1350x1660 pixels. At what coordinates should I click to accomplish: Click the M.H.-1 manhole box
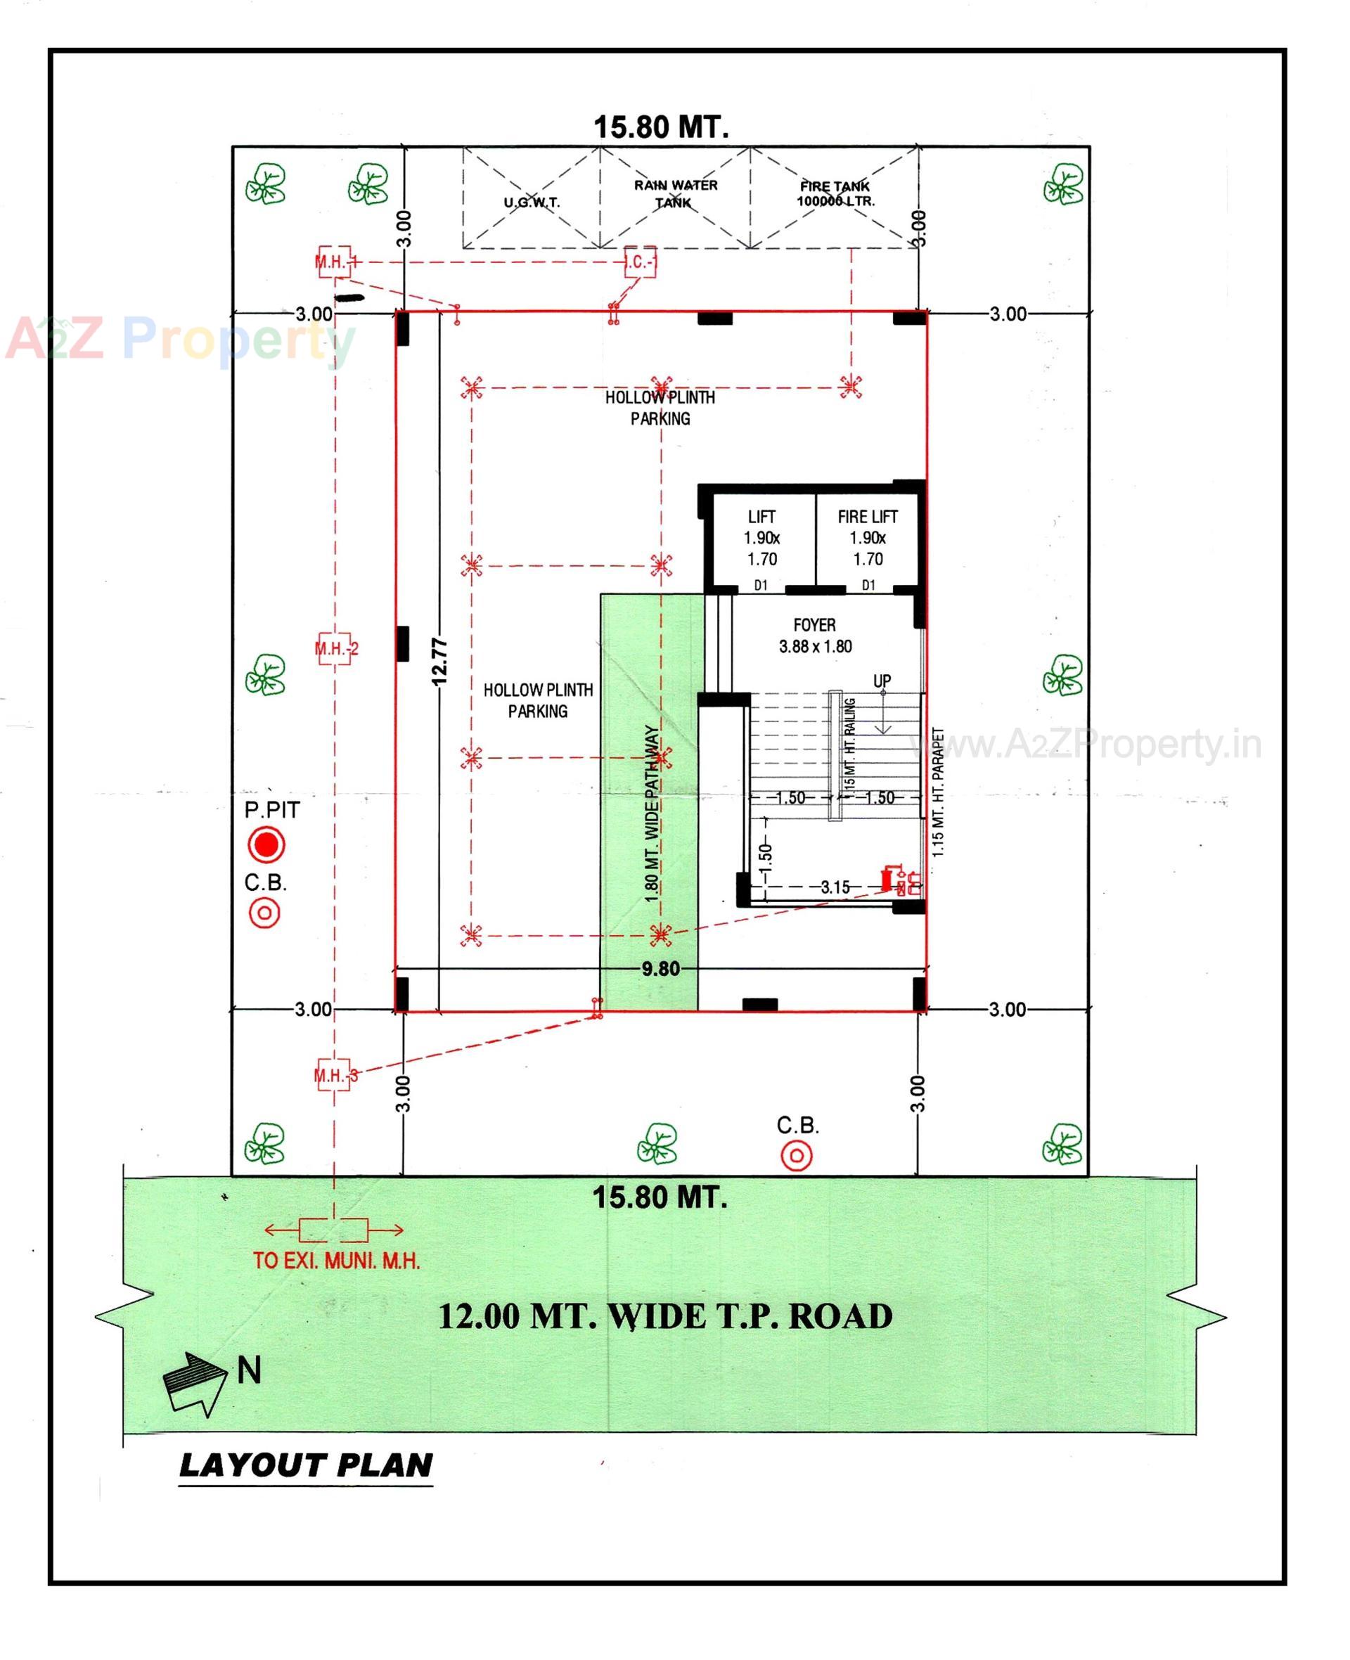pos(335,262)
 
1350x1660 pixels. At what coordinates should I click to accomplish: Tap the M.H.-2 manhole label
pos(336,648)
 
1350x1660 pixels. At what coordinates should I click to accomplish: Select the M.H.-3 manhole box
pos(335,1075)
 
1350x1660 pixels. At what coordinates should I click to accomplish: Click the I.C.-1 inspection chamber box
pos(641,262)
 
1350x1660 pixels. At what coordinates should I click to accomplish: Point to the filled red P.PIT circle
pos(266,844)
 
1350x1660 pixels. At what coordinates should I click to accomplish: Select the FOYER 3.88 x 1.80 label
pos(815,635)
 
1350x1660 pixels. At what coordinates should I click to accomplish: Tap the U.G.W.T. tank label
pos(531,203)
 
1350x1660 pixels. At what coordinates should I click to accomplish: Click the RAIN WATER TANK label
pos(675,193)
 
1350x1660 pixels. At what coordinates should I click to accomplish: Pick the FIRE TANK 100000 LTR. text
pos(835,193)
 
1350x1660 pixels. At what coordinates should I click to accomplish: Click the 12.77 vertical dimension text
pos(439,662)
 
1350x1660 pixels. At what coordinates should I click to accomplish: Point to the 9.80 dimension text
pos(660,969)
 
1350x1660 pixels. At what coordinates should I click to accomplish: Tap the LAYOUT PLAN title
pos(306,1466)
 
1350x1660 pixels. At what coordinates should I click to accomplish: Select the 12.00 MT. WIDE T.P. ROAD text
pos(665,1316)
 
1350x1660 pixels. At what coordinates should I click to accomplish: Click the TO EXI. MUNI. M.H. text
pos(336,1261)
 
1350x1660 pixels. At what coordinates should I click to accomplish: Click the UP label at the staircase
pos(881,681)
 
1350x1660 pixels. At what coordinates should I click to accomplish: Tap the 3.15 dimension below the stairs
pos(835,887)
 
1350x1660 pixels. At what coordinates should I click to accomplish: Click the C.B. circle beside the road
pos(797,1156)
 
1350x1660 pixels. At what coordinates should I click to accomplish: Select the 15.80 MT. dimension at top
pos(661,127)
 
